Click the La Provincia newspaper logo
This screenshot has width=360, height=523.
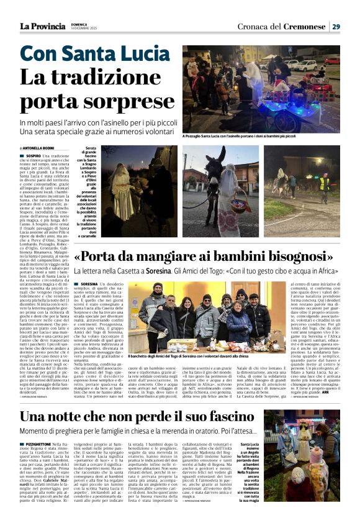[42, 26]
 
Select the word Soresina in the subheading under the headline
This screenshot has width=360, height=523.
[194, 272]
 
